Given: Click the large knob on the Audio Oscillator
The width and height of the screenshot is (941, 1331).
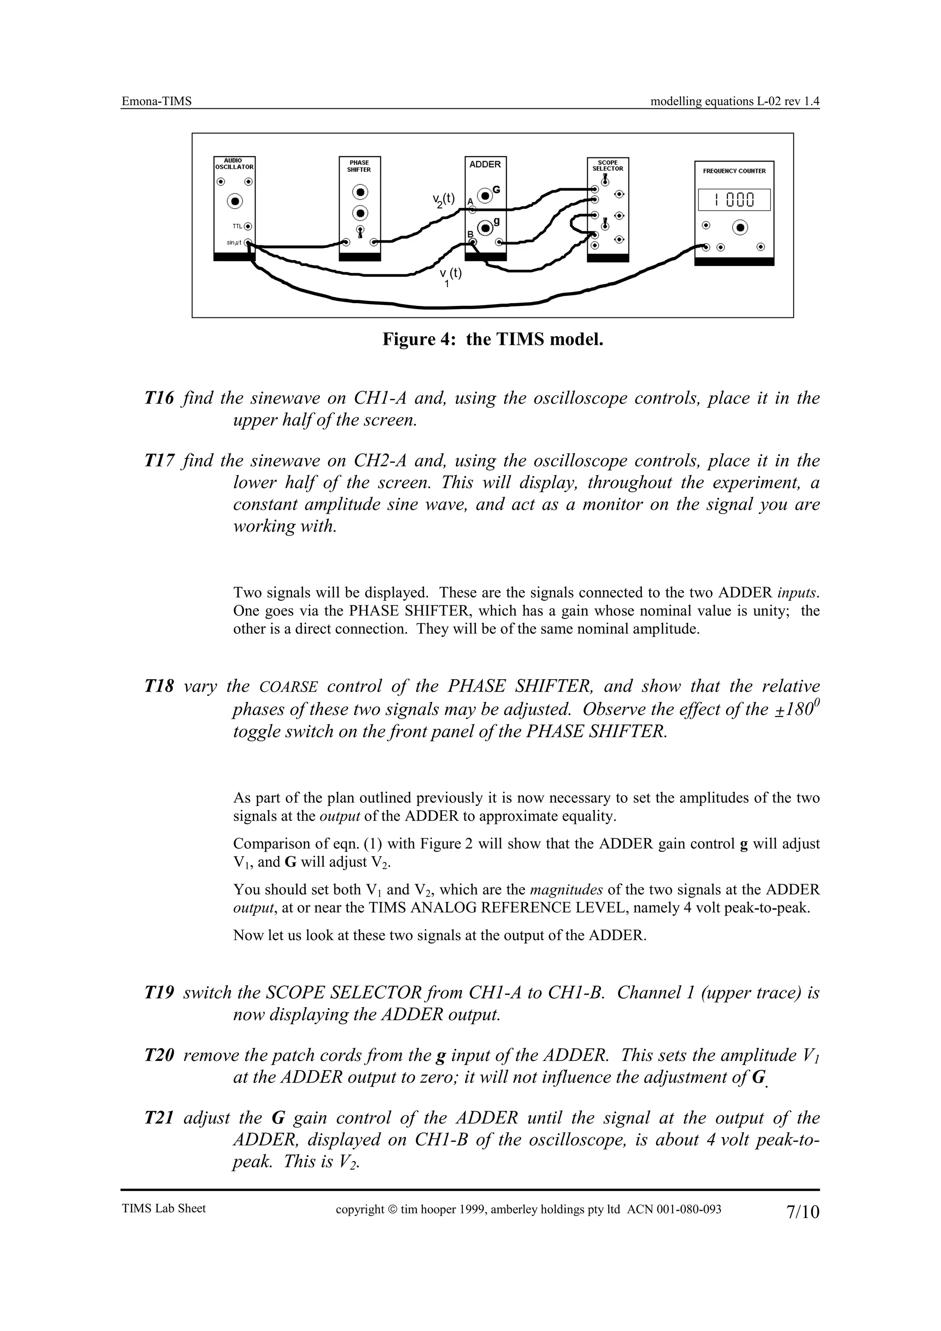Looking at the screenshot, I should pos(235,201).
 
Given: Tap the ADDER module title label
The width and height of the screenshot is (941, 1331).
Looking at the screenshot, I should pos(485,164).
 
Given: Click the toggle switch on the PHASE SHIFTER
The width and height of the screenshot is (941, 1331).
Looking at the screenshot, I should pos(360,232).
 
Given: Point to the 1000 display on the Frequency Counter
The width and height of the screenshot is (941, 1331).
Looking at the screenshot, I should pos(734,201).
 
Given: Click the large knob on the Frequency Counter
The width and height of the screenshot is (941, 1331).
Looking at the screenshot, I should pos(740,228).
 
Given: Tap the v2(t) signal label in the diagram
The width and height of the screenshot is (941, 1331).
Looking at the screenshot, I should pos(443,201).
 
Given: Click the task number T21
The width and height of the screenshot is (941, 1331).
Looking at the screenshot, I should pos(159,1118).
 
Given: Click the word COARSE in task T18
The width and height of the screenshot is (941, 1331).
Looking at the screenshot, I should pos(288,688).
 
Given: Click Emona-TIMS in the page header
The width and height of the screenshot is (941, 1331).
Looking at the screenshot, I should pos(157,102).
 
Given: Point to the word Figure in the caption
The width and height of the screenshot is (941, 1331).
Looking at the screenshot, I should pos(407,339).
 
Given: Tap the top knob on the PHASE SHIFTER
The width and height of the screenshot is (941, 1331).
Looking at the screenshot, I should pos(360,192).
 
